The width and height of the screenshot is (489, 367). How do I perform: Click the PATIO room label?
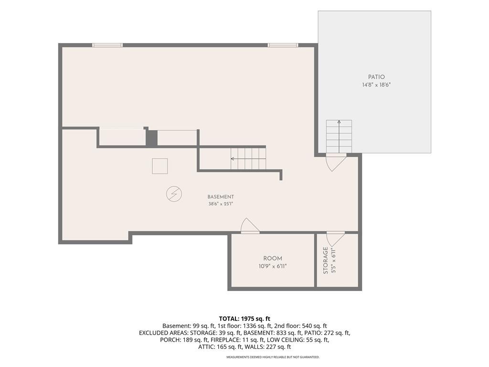pos(376,77)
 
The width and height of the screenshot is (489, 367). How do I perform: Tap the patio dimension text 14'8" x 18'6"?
pos(376,85)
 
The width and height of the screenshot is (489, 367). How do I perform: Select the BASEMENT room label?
pos(221,197)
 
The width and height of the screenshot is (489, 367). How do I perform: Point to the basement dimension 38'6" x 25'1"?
pos(221,204)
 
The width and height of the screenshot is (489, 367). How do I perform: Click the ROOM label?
pos(273,259)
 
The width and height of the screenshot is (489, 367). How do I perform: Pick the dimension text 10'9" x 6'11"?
pos(273,266)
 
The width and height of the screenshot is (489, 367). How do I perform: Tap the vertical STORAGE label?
pos(325,260)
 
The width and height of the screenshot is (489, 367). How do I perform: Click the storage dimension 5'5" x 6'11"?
pos(334,260)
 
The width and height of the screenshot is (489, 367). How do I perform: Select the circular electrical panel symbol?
pos(174,194)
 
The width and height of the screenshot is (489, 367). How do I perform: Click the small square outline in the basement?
pos(160,166)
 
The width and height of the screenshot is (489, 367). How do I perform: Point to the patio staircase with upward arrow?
pos(339,136)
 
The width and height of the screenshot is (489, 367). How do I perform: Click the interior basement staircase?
pos(248,159)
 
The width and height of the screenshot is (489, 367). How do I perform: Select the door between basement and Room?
pos(250,226)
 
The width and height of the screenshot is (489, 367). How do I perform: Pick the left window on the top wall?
pos(107,45)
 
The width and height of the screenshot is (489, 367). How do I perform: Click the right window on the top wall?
pos(283,45)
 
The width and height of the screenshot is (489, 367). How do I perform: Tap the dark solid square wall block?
pos(152,138)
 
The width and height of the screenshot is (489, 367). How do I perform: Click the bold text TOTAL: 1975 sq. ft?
pos(244,319)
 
